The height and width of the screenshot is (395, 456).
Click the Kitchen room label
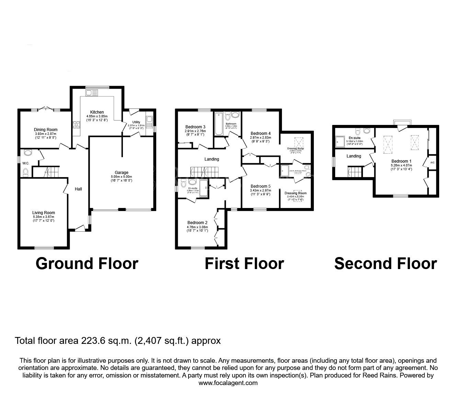97,112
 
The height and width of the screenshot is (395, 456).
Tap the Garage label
122,173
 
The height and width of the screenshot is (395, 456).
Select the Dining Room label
46,130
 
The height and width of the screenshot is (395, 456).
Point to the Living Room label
44,213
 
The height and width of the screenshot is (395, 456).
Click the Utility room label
136,122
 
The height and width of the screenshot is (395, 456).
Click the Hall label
79,189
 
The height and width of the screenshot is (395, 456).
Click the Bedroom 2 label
197,223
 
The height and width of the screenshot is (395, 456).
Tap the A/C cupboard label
432,162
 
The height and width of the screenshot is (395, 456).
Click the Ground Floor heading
87,264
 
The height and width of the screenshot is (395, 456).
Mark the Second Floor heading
385,264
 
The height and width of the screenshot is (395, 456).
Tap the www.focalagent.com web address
228,383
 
